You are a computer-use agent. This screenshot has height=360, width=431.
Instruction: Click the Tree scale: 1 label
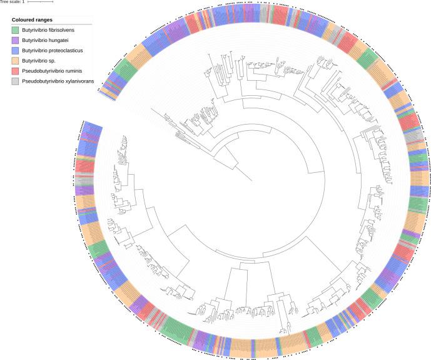pos(13,2)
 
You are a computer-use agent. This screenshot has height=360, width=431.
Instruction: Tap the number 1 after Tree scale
pos(23,2)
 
